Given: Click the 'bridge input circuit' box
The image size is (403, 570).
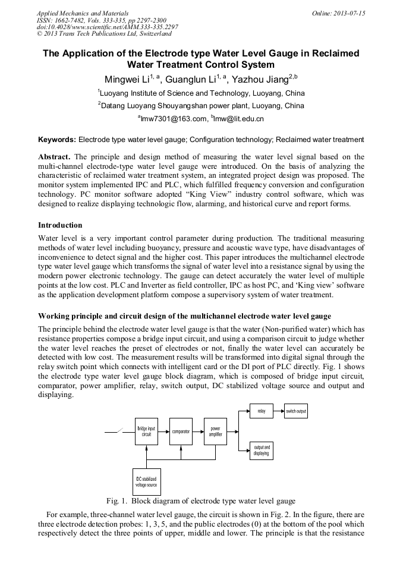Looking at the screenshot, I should coord(146,432).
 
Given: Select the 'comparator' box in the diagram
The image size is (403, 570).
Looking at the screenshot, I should coord(181,432).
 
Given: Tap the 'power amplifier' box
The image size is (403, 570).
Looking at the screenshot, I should coord(215,432).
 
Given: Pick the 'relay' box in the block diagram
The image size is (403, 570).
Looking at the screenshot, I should coord(262,411).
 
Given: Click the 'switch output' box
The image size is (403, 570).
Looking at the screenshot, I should coord(296,411).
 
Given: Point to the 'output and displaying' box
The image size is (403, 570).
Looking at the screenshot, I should coord(262,450).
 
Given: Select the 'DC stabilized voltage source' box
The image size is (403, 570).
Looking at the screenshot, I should coord(146,482).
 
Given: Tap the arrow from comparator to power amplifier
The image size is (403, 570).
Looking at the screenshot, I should coord(198,432).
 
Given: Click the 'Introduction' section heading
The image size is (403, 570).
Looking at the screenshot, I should coord(60,225).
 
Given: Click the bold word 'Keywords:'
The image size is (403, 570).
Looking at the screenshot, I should coord(57,140).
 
